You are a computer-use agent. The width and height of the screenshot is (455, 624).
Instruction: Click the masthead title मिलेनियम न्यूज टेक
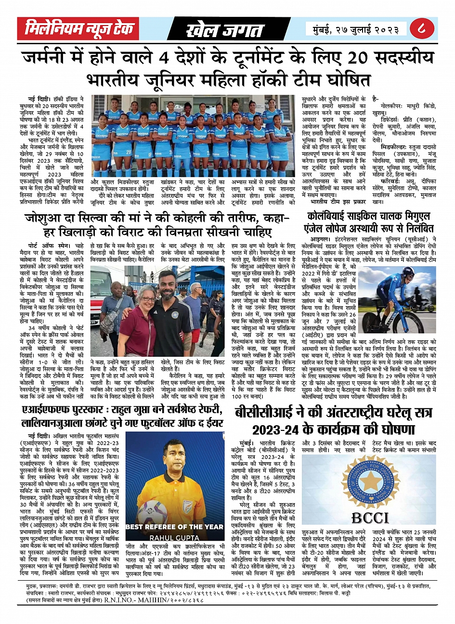tap(79, 29)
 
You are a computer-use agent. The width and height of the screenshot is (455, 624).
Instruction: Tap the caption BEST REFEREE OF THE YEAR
tap(174, 527)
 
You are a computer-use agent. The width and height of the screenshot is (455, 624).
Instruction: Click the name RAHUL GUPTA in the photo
tap(174, 537)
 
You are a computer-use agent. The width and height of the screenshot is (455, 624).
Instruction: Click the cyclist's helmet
tap(407, 275)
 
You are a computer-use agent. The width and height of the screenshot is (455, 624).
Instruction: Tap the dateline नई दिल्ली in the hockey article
tap(39, 98)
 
